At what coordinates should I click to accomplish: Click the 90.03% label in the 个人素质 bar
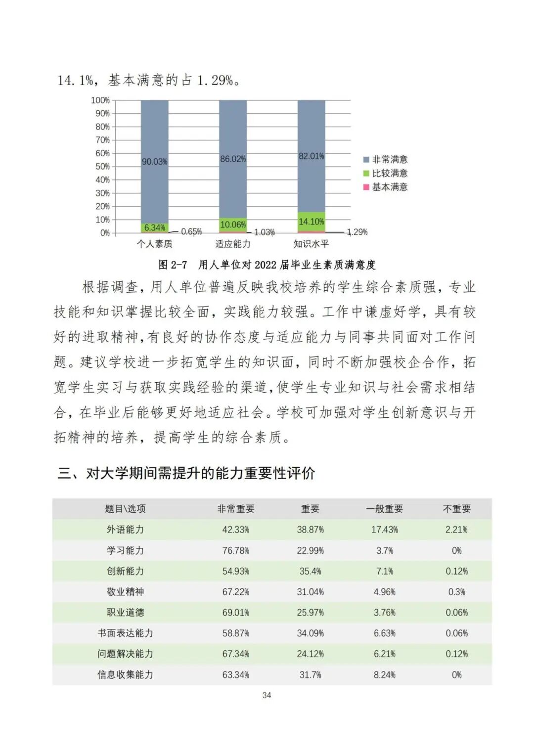coord(154,162)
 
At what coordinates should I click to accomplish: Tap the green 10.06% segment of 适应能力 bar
coord(233,225)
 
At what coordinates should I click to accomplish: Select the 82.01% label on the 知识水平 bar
coord(311,156)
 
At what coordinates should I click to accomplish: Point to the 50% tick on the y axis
coord(103,167)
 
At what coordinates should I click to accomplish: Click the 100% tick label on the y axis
coord(100,100)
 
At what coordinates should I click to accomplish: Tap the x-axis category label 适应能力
coord(233,244)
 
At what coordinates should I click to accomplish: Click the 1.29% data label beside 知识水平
coord(357,232)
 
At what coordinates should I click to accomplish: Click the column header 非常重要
coord(236,509)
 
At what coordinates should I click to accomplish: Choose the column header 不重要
coord(456,509)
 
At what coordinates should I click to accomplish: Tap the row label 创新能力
coord(125,571)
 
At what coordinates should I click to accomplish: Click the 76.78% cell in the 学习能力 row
coord(236,550)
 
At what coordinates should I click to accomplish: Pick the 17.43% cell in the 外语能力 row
coord(385,530)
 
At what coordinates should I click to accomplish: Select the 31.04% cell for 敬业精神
coord(311,592)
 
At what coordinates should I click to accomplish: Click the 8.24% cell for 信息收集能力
coord(385,675)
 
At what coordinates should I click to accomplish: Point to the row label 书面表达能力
coord(125,633)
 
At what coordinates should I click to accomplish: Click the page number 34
coord(267,695)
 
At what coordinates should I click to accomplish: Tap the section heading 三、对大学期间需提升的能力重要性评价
coord(186,473)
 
